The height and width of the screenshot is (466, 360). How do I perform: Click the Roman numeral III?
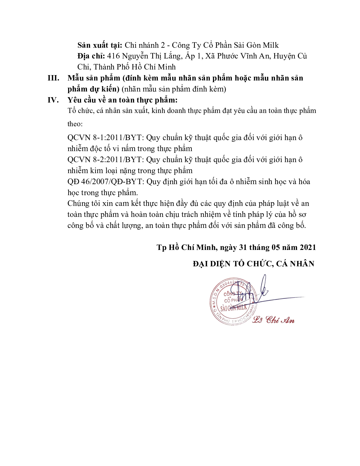click(x=53, y=78)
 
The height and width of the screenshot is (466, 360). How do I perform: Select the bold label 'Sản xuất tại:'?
click(x=100, y=45)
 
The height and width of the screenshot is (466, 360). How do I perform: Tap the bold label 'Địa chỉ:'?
click(x=91, y=56)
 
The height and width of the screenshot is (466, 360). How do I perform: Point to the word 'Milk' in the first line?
click(x=271, y=45)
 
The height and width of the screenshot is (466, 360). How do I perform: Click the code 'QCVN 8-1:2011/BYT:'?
click(x=106, y=138)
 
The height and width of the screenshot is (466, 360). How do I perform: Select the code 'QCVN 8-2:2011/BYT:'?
click(x=106, y=160)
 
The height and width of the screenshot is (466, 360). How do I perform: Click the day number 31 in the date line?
click(x=243, y=247)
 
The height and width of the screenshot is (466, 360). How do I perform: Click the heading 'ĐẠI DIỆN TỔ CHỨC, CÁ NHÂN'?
click(x=253, y=264)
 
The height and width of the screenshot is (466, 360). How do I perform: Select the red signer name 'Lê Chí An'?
click(x=273, y=320)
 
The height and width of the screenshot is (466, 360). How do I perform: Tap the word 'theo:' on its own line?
click(x=75, y=124)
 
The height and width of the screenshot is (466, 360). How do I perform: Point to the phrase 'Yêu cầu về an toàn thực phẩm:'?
click(x=123, y=100)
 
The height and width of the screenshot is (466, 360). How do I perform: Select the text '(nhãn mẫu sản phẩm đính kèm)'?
click(x=174, y=89)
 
